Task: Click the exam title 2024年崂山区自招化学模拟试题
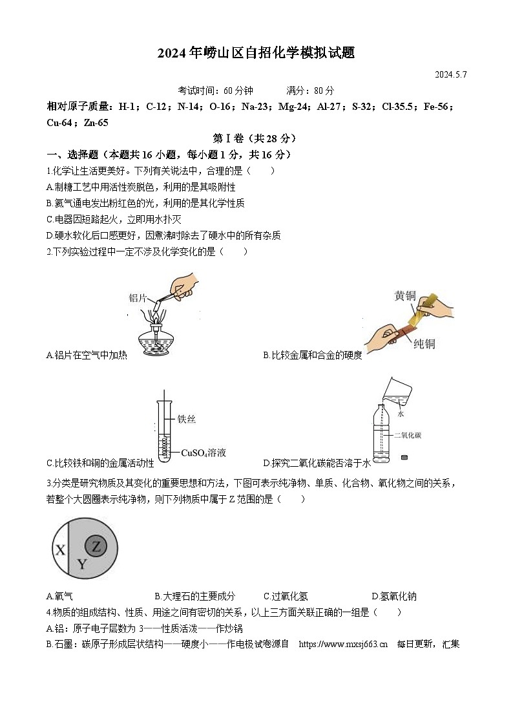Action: tap(256, 53)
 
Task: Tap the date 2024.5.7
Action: tap(450, 74)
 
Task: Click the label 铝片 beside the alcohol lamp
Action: tap(138, 298)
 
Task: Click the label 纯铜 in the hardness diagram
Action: tap(424, 343)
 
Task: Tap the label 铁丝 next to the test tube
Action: tap(186, 419)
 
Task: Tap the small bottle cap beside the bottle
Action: tap(405, 458)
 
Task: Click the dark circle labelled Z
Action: tap(96, 546)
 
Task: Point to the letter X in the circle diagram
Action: tap(60, 550)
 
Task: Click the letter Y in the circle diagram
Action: tap(81, 564)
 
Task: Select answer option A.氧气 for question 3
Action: tap(59, 596)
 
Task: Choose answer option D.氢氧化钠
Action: tap(394, 596)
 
